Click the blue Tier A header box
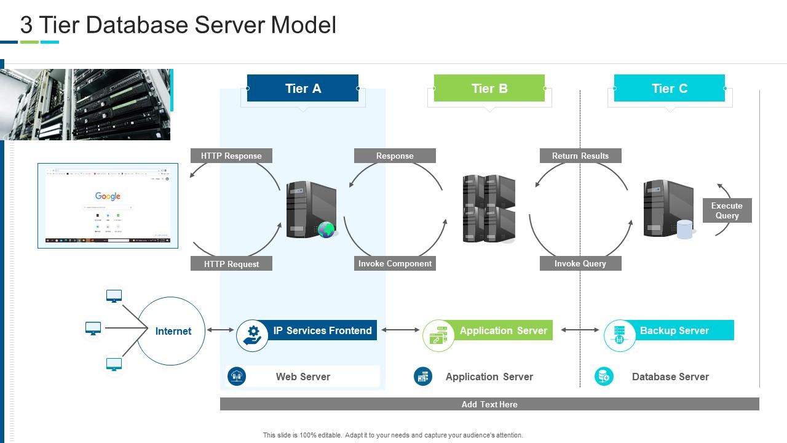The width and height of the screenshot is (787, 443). [x=303, y=88]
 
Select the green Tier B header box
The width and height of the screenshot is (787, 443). [x=489, y=88]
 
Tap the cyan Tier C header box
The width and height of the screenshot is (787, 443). [x=670, y=88]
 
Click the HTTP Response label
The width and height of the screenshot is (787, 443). [x=231, y=156]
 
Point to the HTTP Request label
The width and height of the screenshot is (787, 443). [x=231, y=264]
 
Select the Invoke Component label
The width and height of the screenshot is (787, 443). [x=395, y=263]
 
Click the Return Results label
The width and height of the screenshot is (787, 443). [x=580, y=156]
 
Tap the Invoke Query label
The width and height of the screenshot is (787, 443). [x=580, y=263]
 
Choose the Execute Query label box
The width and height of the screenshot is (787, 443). [x=727, y=210]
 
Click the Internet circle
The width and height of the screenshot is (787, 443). [x=172, y=331]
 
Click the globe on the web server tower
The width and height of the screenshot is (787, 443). [x=326, y=230]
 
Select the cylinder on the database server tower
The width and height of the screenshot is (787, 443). [x=685, y=229]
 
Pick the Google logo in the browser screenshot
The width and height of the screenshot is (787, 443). [x=108, y=196]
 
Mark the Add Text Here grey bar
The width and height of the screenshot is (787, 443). [x=489, y=404]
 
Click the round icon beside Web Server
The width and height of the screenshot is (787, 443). [x=237, y=376]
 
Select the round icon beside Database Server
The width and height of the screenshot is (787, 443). [x=604, y=376]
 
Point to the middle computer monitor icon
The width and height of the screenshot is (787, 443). [x=93, y=329]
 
